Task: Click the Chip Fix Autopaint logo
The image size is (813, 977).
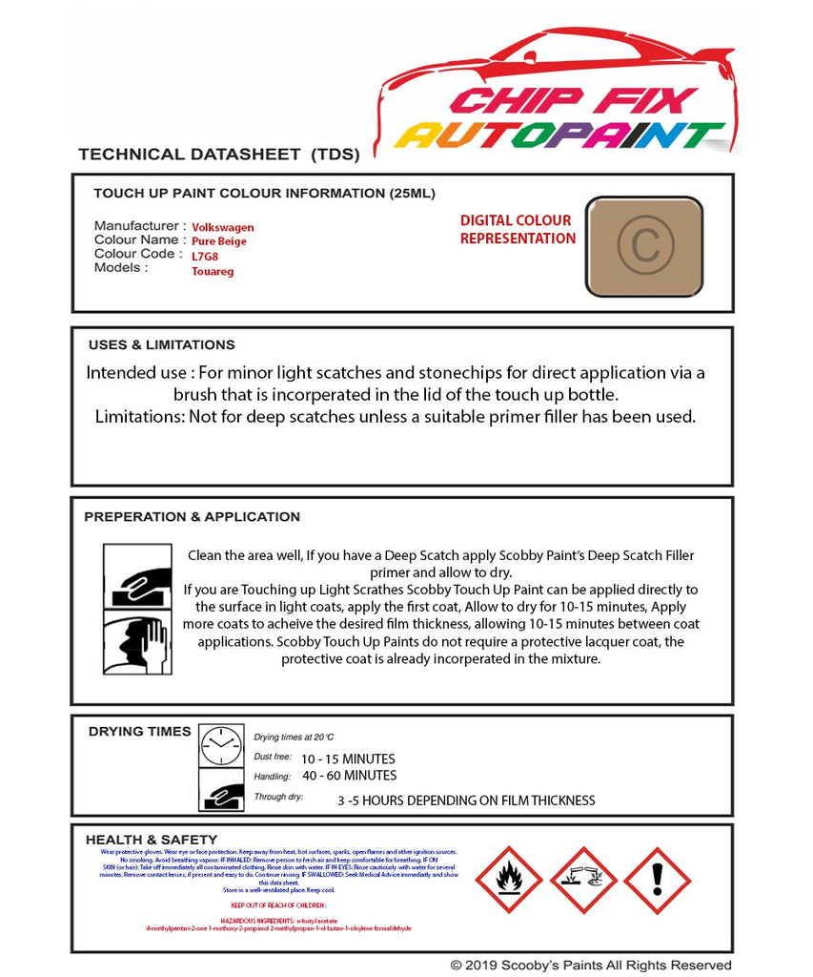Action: click(x=562, y=105)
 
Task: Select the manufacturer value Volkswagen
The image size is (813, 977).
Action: click(x=223, y=228)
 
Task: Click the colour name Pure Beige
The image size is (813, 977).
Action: click(x=219, y=241)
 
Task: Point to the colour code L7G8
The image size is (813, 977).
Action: click(x=205, y=256)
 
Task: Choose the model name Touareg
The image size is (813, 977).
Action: click(x=213, y=271)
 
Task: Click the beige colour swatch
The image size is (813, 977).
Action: click(x=643, y=247)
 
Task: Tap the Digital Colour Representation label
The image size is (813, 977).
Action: click(x=517, y=229)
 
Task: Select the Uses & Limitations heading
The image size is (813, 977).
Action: click(x=161, y=344)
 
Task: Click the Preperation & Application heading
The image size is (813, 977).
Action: click(x=192, y=517)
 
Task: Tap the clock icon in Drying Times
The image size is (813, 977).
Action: click(x=221, y=745)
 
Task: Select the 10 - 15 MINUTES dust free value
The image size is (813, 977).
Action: click(x=348, y=759)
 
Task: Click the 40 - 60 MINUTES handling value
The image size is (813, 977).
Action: click(x=349, y=776)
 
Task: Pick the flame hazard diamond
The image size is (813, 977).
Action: click(x=509, y=880)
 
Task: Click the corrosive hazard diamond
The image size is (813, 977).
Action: click(x=582, y=880)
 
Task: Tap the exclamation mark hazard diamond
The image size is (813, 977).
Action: click(x=657, y=880)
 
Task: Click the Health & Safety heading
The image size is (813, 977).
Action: click(x=151, y=840)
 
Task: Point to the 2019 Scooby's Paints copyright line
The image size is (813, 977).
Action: click(x=591, y=966)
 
